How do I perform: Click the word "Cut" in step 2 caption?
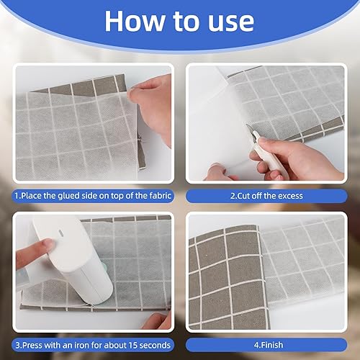tap(243, 196)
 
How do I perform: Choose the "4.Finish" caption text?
tap(269, 345)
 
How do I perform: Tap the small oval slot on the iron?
tap(61, 233)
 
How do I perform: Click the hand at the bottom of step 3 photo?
tap(157, 321)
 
